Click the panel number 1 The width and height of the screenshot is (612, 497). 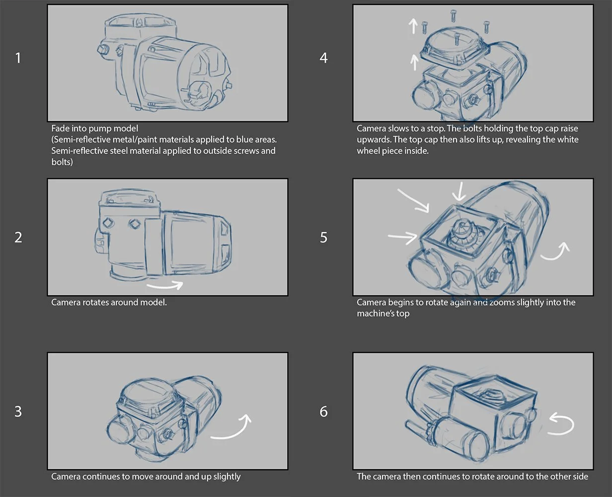click(x=18, y=58)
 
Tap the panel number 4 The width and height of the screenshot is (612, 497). click(x=323, y=58)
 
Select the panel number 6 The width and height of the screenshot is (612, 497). click(x=323, y=412)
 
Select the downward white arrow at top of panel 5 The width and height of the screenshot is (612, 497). click(x=459, y=191)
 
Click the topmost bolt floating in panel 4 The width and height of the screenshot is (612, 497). click(x=454, y=15)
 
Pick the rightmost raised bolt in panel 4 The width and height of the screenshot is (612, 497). click(x=486, y=27)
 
